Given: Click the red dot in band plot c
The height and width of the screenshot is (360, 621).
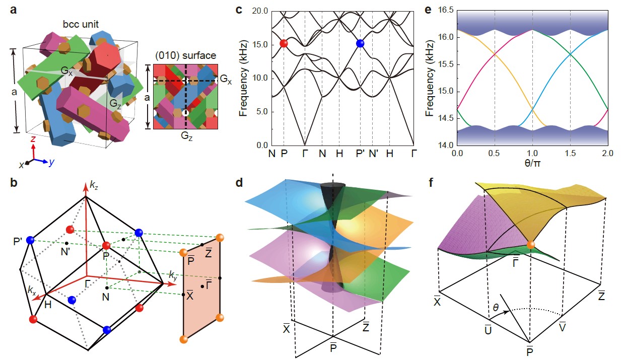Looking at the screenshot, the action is point(284,43).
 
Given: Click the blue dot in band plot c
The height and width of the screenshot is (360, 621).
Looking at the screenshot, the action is point(360,43).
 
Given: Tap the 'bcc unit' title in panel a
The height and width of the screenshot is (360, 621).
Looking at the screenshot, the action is point(81,24).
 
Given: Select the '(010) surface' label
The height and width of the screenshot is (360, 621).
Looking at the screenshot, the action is point(185,55).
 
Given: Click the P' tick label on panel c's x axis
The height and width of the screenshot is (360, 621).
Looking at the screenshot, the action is point(361,153).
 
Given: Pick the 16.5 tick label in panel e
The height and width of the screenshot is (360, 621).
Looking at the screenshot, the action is point(446,10).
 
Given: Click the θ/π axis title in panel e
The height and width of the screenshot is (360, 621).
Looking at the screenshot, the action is point(532,163).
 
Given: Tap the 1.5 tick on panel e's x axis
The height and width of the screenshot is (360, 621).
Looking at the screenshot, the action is point(570,153).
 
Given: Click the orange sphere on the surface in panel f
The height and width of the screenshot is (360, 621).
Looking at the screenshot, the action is point(531,245).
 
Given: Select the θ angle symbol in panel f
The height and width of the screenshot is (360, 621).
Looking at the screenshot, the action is point(496,307).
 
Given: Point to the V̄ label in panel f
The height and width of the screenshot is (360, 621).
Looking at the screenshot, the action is point(562,327).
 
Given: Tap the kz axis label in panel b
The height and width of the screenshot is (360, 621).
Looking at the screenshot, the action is point(94,185).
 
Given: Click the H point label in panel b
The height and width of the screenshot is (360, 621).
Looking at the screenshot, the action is point(48,305).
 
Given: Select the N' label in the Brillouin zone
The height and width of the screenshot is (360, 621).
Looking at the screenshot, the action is point(65,252).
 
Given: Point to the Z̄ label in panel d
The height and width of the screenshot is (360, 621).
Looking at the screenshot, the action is point(366,326).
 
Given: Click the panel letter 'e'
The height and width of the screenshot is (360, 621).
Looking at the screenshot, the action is point(428,10).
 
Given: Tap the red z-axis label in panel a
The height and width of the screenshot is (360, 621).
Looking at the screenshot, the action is point(33,138).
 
